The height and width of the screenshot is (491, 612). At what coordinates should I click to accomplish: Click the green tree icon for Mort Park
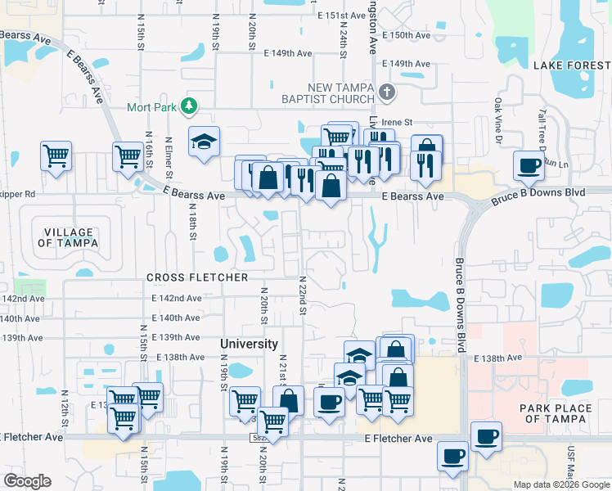coord(189,106)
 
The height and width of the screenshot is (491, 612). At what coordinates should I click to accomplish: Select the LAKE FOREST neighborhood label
coord(572,65)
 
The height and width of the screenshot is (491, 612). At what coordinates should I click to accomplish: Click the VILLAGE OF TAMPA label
coord(68,237)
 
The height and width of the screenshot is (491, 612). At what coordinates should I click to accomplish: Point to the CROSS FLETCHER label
coord(196,277)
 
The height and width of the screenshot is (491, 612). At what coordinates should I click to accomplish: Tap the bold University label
coord(249,345)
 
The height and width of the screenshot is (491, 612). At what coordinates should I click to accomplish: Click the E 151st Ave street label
coord(342,16)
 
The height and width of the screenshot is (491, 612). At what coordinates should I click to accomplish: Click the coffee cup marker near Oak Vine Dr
coord(528,165)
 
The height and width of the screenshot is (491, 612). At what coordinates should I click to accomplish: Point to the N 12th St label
coord(65,405)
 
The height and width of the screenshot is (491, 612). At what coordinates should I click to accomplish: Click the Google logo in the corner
coord(28,481)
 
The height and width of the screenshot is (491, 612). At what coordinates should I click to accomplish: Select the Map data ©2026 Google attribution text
coord(560,484)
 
